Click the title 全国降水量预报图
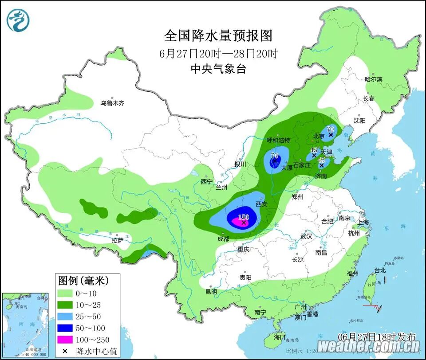pyautogui.click(x=218, y=35)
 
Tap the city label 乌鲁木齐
pyautogui.click(x=112, y=103)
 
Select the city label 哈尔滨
pyautogui.click(x=373, y=79)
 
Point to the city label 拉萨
pyautogui.click(x=117, y=241)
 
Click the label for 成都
pyautogui.click(x=224, y=239)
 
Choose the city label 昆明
pyautogui.click(x=211, y=292)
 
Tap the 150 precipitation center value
pyautogui.click(x=244, y=217)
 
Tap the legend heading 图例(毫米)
pyautogui.click(x=83, y=280)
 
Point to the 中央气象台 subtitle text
pyautogui.click(x=218, y=69)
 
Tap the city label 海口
pyautogui.click(x=280, y=337)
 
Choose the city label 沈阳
pyautogui.click(x=359, y=121)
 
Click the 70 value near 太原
pyautogui.click(x=274, y=156)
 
